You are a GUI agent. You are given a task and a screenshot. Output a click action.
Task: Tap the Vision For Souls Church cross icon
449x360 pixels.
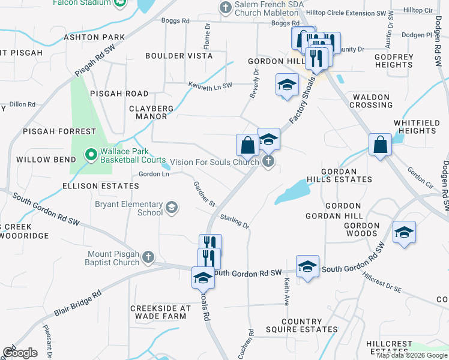(x=268, y=161)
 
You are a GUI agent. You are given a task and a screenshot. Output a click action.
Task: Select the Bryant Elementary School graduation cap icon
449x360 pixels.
(x=172, y=208)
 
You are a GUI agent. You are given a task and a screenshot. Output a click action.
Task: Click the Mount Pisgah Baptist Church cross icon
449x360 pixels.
(x=148, y=257)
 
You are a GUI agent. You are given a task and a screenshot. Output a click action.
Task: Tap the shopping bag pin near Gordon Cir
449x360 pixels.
(x=381, y=145)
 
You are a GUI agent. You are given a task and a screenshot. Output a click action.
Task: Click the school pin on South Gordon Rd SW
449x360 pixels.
(x=307, y=266)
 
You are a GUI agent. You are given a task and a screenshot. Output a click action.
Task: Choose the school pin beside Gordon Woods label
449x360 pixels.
(x=404, y=232)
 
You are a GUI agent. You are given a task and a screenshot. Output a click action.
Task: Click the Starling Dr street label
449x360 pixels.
(x=235, y=221)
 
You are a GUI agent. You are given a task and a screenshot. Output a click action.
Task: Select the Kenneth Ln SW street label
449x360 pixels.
(x=210, y=86)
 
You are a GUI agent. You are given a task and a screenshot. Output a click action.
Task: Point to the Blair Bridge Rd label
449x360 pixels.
(x=77, y=305)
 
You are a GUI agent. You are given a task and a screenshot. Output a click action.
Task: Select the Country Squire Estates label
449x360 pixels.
(x=301, y=325)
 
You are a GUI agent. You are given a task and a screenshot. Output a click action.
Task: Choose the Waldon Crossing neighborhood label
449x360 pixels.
(x=372, y=101)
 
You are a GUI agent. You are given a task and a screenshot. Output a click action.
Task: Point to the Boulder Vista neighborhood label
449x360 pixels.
(x=179, y=56)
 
